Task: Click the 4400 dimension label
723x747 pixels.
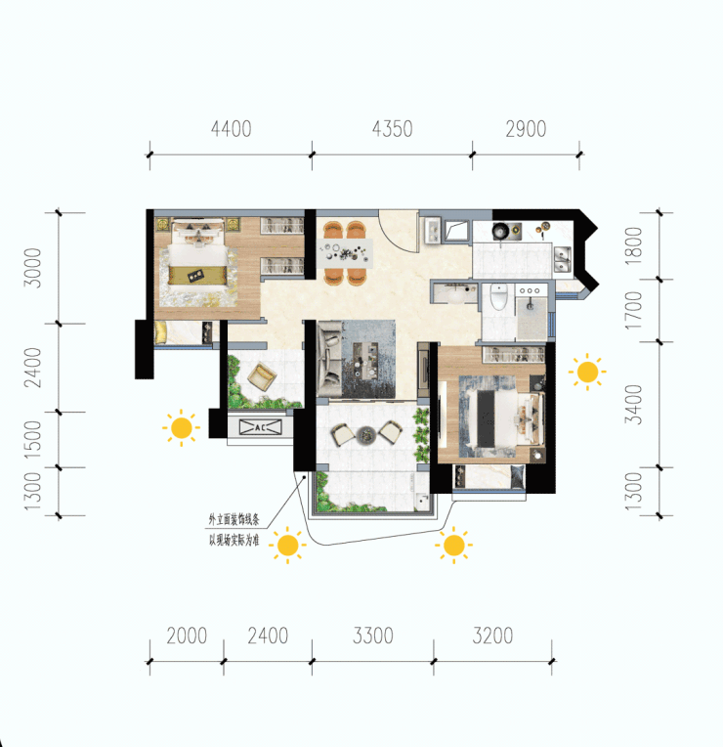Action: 231,129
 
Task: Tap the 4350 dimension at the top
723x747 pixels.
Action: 392,129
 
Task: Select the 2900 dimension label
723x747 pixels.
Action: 526,129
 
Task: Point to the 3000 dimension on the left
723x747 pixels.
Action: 33,268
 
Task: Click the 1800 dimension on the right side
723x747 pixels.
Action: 633,245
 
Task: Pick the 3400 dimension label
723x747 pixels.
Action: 633,405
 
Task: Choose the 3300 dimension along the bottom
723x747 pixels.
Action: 372,636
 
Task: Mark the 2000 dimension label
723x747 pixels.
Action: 187,636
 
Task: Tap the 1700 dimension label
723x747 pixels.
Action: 633,311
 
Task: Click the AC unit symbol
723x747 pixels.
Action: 260,427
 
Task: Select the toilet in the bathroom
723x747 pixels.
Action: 498,296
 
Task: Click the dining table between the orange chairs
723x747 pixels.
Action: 346,252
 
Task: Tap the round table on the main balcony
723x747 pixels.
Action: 366,434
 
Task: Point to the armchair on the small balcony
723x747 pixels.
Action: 261,376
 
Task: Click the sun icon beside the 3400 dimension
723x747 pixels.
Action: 587,372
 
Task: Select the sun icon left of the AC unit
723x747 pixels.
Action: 181,428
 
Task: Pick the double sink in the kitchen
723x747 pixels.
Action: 562,259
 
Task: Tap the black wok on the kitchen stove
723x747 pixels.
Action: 500,231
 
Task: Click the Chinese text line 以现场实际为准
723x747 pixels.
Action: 234,541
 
